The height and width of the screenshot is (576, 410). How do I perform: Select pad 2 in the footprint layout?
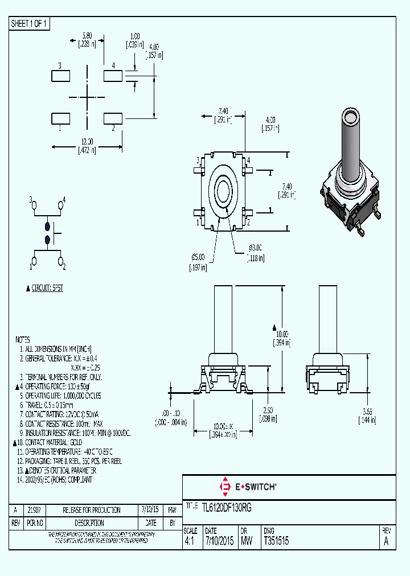pyautogui.click(x=113, y=118)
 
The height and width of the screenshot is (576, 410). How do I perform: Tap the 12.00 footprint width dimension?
pyautogui.click(x=87, y=142)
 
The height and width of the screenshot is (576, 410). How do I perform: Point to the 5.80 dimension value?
pyautogui.click(x=87, y=35)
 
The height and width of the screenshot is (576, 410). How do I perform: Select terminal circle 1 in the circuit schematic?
pyautogui.click(x=34, y=261)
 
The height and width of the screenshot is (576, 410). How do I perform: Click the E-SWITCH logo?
pyautogui.click(x=248, y=487)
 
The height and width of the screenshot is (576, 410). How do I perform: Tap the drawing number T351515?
pyautogui.click(x=276, y=542)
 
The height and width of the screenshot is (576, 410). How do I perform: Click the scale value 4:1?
pyautogui.click(x=190, y=542)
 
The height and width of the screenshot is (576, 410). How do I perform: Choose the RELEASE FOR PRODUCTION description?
pyautogui.click(x=92, y=510)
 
